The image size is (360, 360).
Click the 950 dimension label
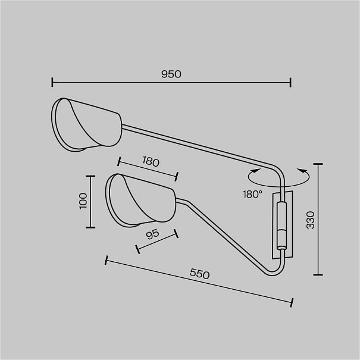(171, 74)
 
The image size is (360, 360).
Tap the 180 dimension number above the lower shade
(151, 161)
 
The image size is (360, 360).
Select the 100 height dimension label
(83, 201)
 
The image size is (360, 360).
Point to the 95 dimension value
(152, 234)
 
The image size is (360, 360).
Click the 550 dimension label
(200, 274)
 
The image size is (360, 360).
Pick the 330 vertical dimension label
(311, 220)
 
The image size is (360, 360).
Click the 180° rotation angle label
(252, 195)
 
